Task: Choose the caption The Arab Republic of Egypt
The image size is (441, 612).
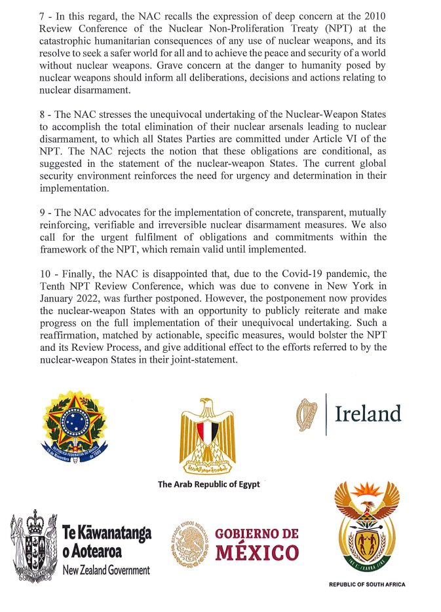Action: coord(208,485)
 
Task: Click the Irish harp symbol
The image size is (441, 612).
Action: coord(306,414)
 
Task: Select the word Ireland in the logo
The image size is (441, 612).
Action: coord(368,414)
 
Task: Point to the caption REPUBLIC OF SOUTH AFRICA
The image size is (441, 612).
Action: coord(366,585)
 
